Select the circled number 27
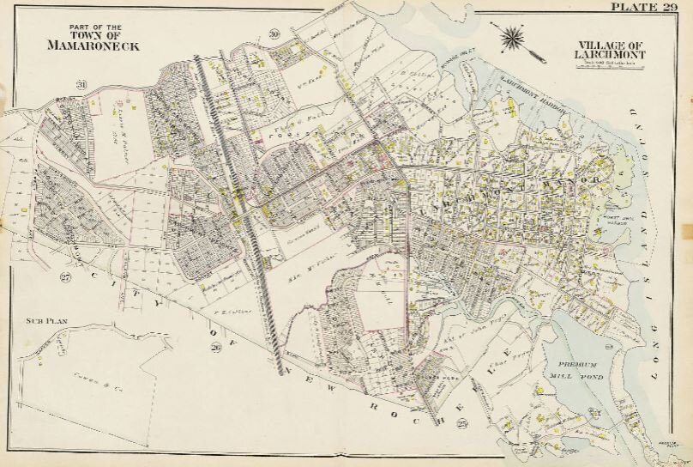pyautogui.click(x=64, y=276)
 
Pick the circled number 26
pyautogui.click(x=215, y=348)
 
